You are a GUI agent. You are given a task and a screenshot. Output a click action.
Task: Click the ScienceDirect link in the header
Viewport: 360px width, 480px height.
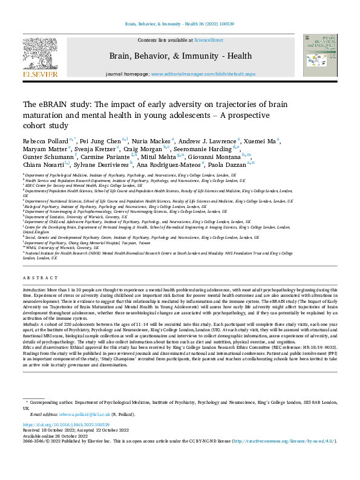pyautogui.click(x=208, y=40)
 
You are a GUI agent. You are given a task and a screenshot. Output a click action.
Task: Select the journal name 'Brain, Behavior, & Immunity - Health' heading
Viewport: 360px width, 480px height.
pyautogui.click(x=180, y=56)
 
